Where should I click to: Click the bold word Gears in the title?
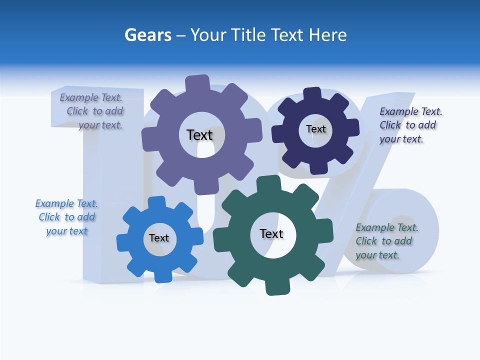click(148, 35)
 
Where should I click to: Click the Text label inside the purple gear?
click(199, 135)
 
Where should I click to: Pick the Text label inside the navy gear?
click(315, 129)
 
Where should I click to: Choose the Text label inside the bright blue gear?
click(159, 238)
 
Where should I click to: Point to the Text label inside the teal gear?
click(271, 233)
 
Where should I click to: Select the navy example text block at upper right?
click(410, 125)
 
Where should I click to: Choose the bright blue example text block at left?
click(66, 217)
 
